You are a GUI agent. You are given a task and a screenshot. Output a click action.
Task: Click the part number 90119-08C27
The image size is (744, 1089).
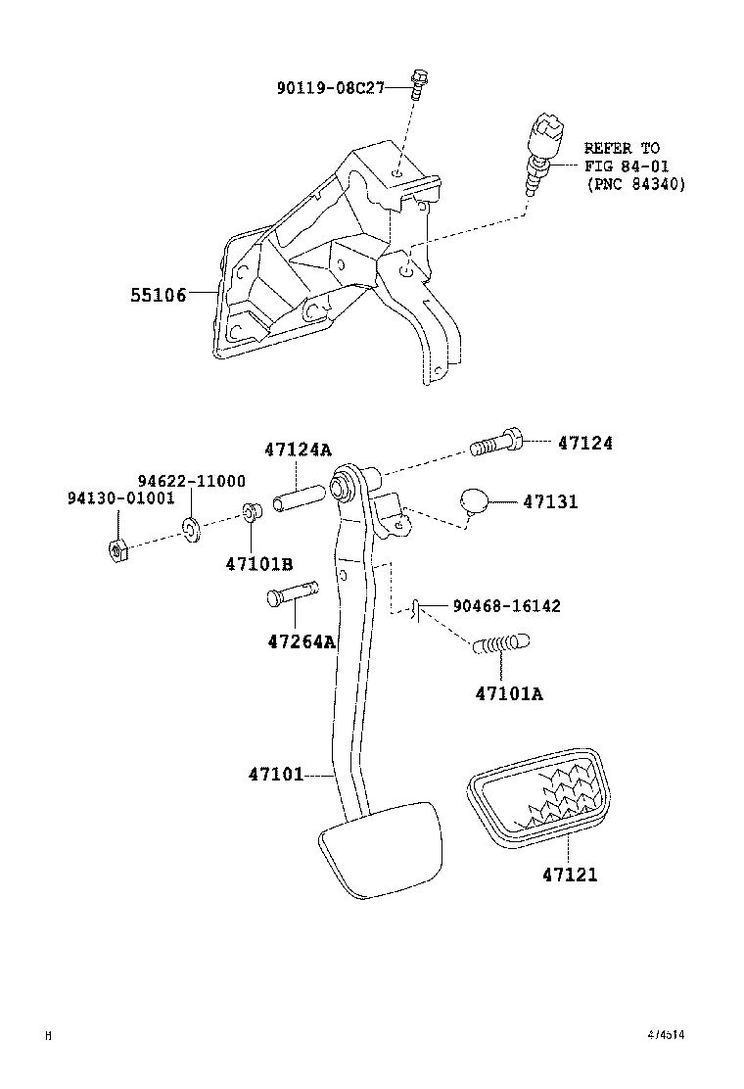[328, 88]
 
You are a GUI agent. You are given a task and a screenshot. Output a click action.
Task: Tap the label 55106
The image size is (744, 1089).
[159, 294]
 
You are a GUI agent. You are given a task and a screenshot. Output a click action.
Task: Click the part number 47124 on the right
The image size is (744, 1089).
[585, 444]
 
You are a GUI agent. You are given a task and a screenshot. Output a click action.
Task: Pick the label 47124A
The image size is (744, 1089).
[298, 450]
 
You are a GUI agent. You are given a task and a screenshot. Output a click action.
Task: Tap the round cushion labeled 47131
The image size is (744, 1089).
[475, 501]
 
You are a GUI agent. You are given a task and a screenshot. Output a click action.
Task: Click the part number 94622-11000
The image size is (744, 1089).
[191, 481]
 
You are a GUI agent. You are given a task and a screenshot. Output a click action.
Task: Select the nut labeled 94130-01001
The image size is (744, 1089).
[114, 550]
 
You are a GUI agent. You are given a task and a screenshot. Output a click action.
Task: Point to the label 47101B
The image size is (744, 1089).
[259, 564]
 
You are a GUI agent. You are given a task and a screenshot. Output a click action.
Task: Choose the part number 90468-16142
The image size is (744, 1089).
[506, 606]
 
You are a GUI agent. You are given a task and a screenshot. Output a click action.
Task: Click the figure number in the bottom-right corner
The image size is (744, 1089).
[665, 1034]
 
